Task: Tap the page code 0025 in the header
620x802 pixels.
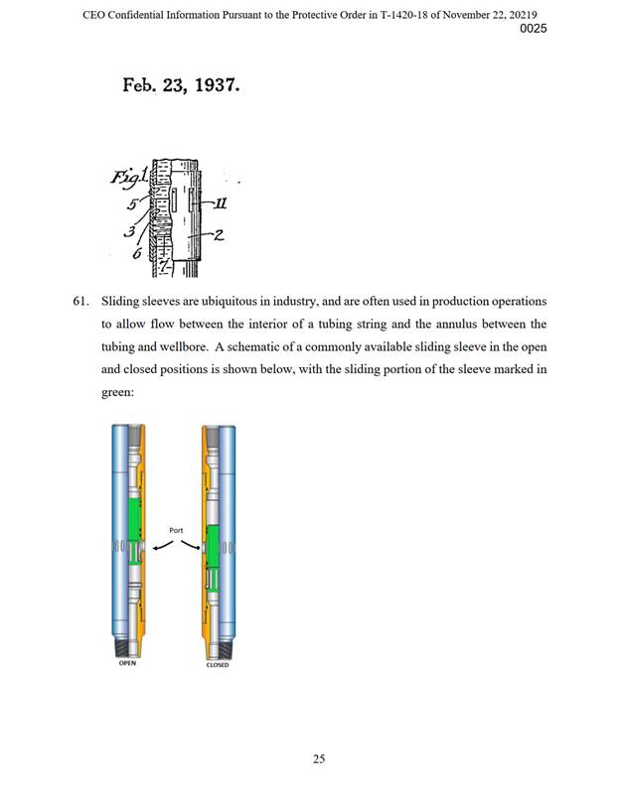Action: [533, 29]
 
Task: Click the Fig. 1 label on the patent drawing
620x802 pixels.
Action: [129, 179]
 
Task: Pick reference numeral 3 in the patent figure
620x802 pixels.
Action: [128, 231]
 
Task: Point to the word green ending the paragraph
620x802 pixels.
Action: [118, 393]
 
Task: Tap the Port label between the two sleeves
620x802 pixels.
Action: [176, 531]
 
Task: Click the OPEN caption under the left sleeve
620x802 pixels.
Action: [126, 664]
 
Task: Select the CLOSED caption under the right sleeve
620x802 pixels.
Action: [218, 665]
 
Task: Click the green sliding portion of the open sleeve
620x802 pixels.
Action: [139, 516]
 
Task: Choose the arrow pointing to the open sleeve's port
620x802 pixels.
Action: [159, 548]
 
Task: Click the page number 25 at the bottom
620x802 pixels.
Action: [319, 759]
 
